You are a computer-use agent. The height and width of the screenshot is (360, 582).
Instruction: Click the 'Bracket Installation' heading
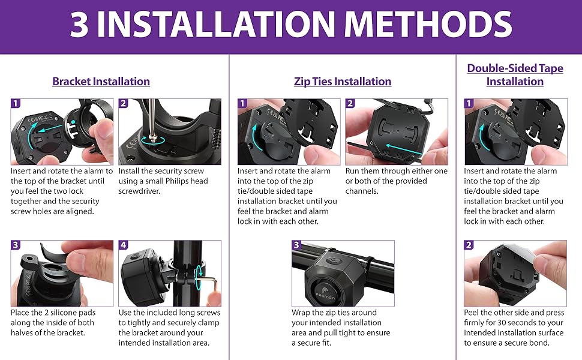tap(101, 82)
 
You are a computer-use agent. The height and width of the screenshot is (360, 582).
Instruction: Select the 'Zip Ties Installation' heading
tap(343, 82)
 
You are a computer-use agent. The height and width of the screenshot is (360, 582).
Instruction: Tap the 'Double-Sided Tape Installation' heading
tap(515, 75)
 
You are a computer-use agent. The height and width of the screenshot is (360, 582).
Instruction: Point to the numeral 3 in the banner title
tap(79, 24)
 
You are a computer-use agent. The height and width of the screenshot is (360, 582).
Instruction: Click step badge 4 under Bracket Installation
tap(123, 245)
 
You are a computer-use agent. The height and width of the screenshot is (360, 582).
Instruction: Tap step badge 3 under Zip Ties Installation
tap(296, 245)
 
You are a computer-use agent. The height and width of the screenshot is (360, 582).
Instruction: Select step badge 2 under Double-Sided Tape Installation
tap(469, 245)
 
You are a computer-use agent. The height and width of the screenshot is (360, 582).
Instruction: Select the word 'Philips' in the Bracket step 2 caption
tap(176, 181)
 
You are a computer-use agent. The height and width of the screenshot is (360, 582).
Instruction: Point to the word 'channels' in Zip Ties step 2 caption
tap(361, 191)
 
